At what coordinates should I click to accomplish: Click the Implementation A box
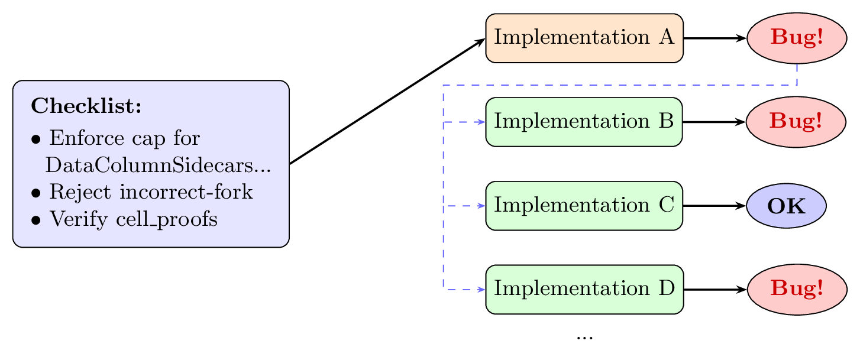click(584, 38)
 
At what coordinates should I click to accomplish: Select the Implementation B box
click(584, 122)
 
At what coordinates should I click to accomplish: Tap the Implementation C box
click(584, 206)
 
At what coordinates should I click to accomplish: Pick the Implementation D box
click(584, 290)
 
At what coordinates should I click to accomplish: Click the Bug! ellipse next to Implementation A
click(796, 38)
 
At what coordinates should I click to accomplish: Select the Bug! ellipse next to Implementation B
click(796, 122)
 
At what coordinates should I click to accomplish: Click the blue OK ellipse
click(786, 206)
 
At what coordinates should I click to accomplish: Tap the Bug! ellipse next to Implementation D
click(796, 290)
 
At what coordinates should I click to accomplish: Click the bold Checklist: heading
click(86, 107)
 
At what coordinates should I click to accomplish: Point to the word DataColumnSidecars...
click(148, 166)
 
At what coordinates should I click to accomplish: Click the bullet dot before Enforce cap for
click(37, 141)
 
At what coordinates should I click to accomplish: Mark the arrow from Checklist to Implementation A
click(387, 101)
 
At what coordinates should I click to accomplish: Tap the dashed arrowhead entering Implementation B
click(481, 122)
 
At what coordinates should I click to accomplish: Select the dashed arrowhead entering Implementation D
click(481, 290)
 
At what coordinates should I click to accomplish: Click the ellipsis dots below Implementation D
click(584, 338)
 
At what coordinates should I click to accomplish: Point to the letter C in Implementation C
click(667, 205)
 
